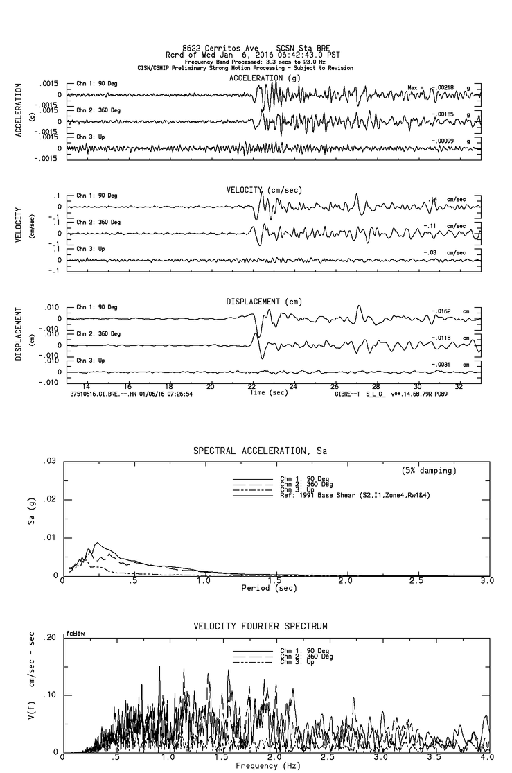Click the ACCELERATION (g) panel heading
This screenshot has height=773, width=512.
[x=263, y=78]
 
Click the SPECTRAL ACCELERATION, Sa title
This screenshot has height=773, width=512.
[x=259, y=451]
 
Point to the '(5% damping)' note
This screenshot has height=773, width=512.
[x=428, y=470]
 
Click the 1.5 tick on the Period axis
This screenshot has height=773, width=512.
[x=274, y=580]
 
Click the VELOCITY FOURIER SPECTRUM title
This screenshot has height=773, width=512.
[x=261, y=626]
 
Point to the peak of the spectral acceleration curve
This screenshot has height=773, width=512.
[x=98, y=543]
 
